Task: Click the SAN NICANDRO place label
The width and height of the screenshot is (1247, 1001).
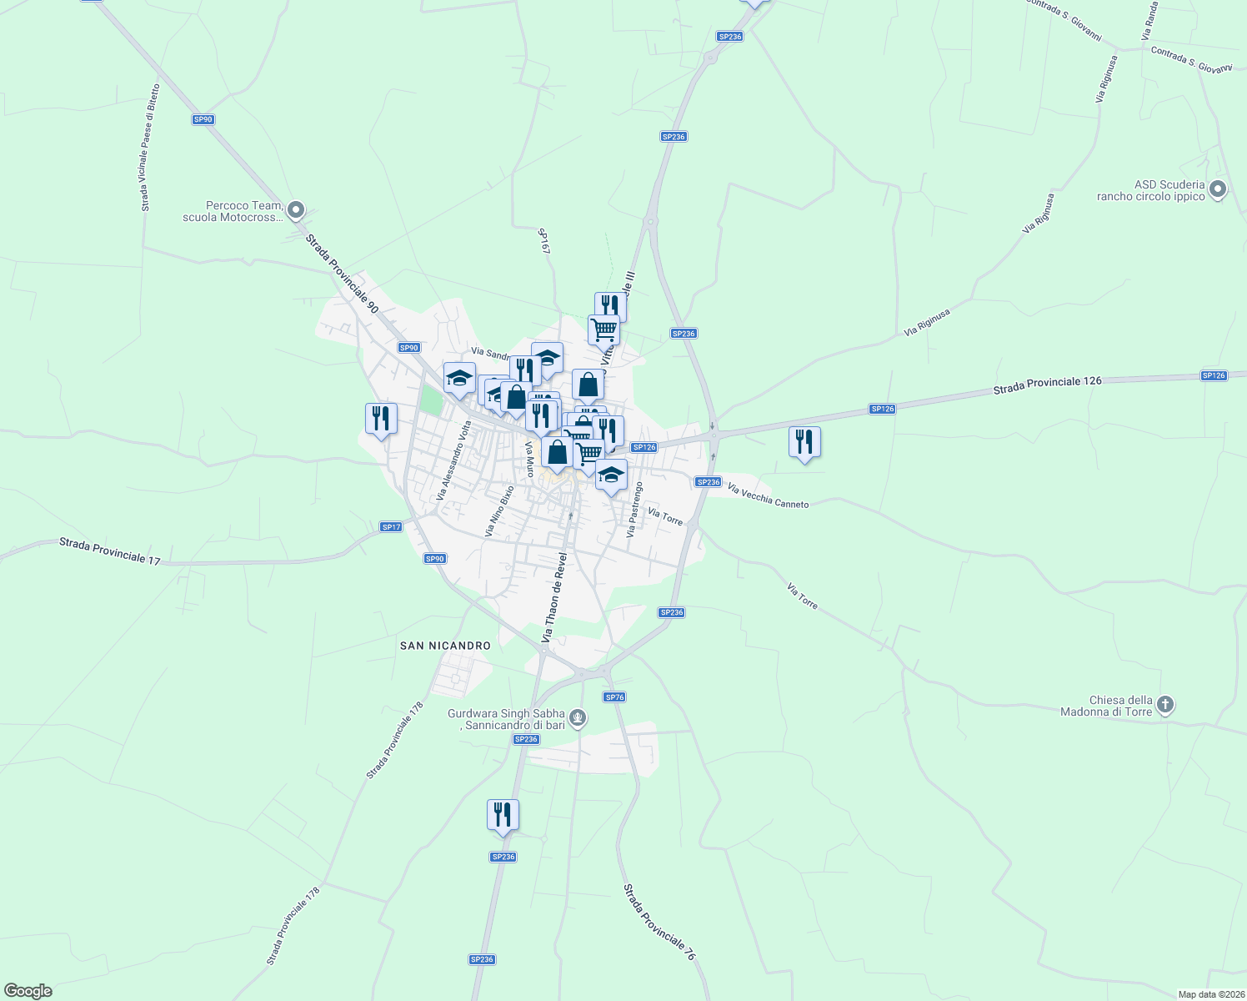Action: [445, 646]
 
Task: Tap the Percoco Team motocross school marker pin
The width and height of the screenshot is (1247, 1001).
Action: [295, 211]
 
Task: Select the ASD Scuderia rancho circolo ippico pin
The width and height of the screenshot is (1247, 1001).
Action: [1217, 190]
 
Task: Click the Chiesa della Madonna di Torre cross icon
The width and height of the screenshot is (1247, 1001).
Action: [1165, 706]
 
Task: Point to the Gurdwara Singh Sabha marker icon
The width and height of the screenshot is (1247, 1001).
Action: [578, 718]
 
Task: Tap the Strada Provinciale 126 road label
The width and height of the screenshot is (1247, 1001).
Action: [1047, 385]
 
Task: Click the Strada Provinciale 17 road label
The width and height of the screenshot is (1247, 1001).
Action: [109, 551]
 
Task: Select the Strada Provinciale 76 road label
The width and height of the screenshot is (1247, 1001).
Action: [659, 922]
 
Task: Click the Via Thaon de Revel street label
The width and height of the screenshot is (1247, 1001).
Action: [554, 597]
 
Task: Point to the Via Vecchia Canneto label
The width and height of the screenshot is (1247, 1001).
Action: [768, 495]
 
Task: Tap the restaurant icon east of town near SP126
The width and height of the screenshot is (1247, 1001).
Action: [804, 442]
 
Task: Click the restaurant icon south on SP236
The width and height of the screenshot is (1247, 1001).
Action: [503, 815]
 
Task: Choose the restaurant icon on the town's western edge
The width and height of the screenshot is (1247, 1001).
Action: [381, 419]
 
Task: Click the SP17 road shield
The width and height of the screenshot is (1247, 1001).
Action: [391, 527]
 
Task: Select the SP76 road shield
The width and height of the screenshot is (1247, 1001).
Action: [614, 697]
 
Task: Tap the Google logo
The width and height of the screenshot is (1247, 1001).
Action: [28, 991]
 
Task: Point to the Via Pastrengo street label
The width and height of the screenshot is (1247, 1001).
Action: [634, 509]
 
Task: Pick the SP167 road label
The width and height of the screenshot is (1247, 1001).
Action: [545, 241]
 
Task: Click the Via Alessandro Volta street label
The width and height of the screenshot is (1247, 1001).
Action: [455, 460]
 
